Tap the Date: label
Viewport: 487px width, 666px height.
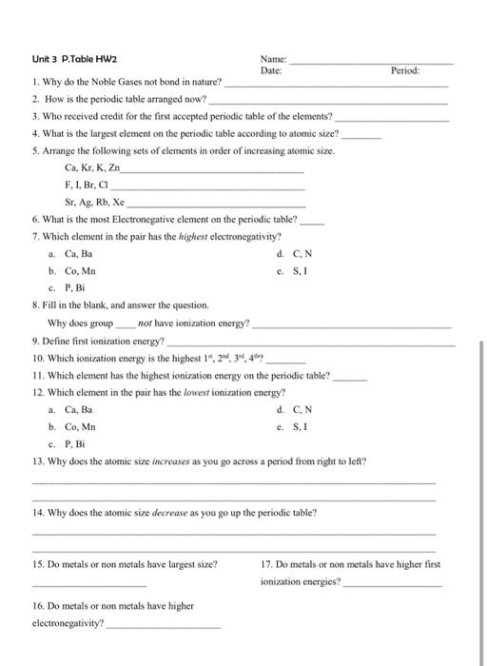pyautogui.click(x=270, y=70)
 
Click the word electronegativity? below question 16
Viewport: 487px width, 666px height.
pyautogui.click(x=68, y=626)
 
